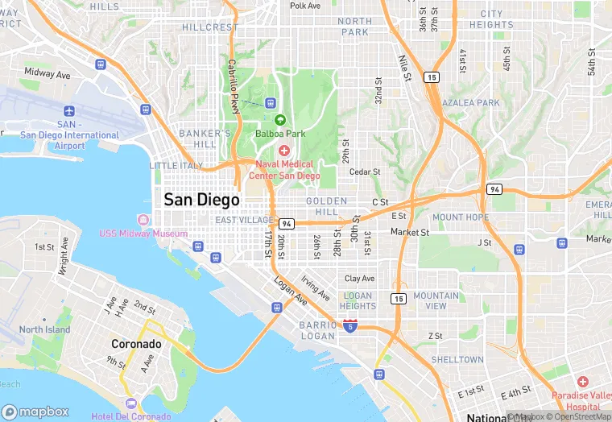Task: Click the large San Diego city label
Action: click(201, 200)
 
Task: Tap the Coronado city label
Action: click(136, 344)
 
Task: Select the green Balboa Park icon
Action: click(280, 119)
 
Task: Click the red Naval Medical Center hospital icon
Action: click(283, 151)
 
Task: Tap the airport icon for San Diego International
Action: click(70, 110)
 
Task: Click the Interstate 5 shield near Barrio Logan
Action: click(350, 325)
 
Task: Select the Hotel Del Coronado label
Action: click(130, 416)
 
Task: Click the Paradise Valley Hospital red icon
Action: click(582, 380)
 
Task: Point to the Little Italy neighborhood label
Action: click(176, 165)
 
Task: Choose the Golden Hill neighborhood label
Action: click(326, 206)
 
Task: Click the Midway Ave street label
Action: click(47, 73)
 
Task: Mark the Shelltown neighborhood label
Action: click(457, 359)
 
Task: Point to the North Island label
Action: click(44, 329)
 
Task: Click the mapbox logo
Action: click(35, 411)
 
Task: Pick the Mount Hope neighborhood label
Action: click(460, 217)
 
